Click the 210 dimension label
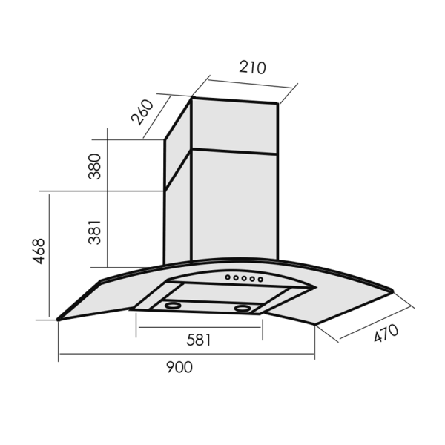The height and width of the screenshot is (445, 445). tap(252, 67)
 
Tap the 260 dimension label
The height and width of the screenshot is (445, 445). tap(142, 112)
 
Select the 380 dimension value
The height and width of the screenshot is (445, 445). tap(95, 166)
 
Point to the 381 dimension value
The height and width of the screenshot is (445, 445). tap(95, 232)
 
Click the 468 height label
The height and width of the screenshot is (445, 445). tap(39, 251)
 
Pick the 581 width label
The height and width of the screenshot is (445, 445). tap(199, 340)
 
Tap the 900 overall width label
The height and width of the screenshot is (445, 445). tap(179, 367)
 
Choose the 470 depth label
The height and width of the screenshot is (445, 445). tap(386, 333)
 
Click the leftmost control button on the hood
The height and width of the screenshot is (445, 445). tap(228, 277)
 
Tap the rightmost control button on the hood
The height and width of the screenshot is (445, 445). tap(260, 280)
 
